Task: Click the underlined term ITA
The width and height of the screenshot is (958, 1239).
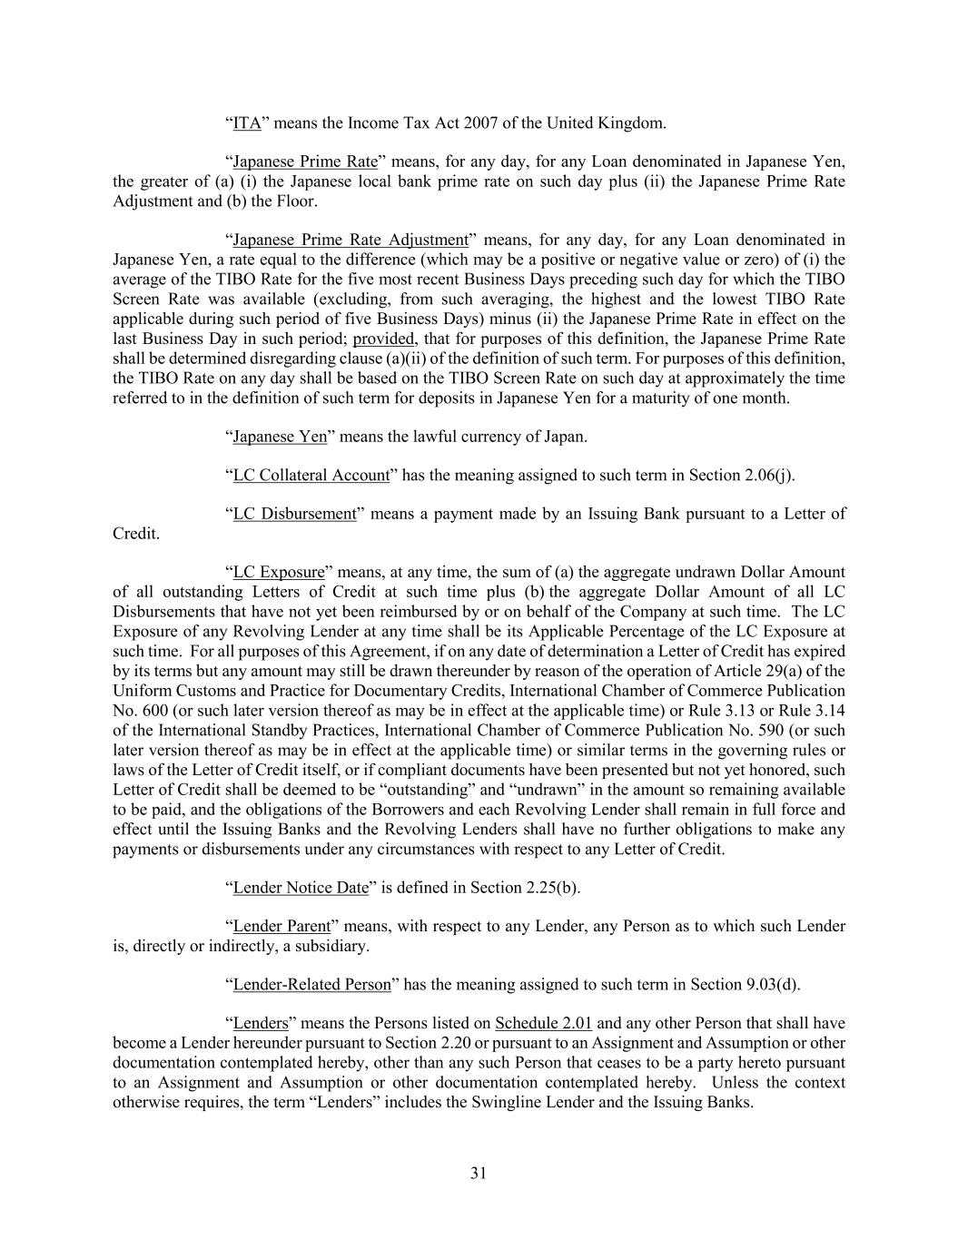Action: coord(247,123)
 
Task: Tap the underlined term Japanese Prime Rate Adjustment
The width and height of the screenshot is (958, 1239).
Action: coord(350,241)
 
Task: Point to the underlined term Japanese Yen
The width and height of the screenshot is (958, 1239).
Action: coord(280,438)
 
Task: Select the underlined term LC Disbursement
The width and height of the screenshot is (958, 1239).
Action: coord(294,515)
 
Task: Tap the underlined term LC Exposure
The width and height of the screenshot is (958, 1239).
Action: coord(279,573)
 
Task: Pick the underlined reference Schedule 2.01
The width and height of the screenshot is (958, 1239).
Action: coord(543,1024)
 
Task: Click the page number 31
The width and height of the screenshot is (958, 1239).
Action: coord(479,1174)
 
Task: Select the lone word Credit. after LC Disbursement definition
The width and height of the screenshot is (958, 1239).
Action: coord(136,534)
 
